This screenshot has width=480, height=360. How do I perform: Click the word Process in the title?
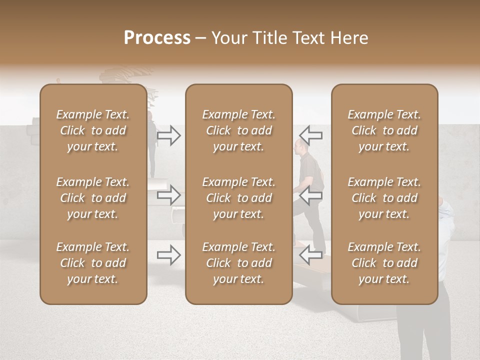157,37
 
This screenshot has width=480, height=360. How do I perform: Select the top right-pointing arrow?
169,135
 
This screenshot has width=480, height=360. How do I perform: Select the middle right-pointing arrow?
169,195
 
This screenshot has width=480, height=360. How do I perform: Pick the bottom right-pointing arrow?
169,255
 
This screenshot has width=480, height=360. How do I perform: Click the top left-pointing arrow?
311,135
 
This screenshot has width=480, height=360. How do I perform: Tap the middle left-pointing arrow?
311,195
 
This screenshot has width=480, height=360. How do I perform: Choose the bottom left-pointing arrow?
311,255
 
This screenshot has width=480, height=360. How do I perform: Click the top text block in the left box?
93,130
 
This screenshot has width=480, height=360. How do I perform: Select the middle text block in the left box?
93,198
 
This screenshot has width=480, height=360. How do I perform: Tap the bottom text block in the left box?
93,263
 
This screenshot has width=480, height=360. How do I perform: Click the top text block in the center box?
238,130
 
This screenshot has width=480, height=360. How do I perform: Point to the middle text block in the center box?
238,198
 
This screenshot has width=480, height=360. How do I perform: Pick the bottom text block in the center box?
238,263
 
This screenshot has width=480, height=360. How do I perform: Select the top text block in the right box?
384,130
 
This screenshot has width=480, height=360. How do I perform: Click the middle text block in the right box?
384,198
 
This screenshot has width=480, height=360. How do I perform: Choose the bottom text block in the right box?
384,263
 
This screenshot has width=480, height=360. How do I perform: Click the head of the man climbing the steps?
298,146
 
